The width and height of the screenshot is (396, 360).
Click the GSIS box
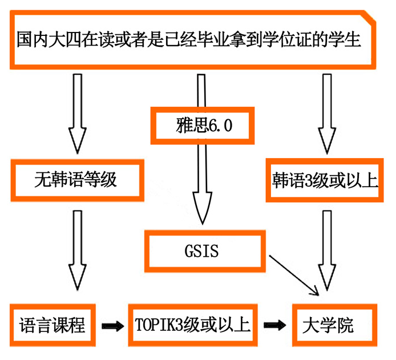tap(203, 250)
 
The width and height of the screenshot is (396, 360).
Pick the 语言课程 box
tap(51, 325)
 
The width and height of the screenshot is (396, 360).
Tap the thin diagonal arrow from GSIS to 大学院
tap(294, 276)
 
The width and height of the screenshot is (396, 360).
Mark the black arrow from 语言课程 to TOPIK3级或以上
tap(112, 326)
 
